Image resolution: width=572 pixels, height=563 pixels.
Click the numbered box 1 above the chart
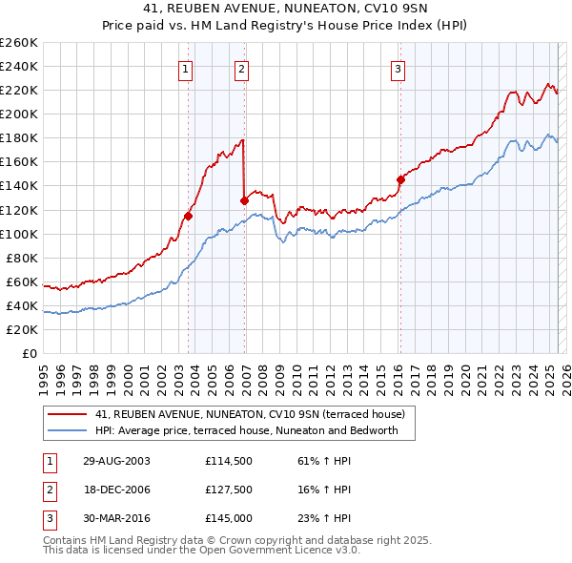[x=184, y=68]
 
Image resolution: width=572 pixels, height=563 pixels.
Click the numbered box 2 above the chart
[x=242, y=68]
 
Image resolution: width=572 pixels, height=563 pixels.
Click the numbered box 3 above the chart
[x=397, y=68]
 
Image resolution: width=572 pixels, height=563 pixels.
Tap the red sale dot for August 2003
[x=188, y=216]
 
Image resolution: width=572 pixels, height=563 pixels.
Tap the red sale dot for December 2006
[x=245, y=200]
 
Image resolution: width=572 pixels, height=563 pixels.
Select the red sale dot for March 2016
[x=400, y=178]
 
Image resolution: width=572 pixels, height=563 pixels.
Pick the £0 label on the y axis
[x=29, y=353]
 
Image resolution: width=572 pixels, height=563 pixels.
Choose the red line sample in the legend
[x=68, y=414]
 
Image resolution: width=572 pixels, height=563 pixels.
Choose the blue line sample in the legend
[x=68, y=431]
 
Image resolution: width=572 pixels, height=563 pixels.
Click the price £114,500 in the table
[x=227, y=461]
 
